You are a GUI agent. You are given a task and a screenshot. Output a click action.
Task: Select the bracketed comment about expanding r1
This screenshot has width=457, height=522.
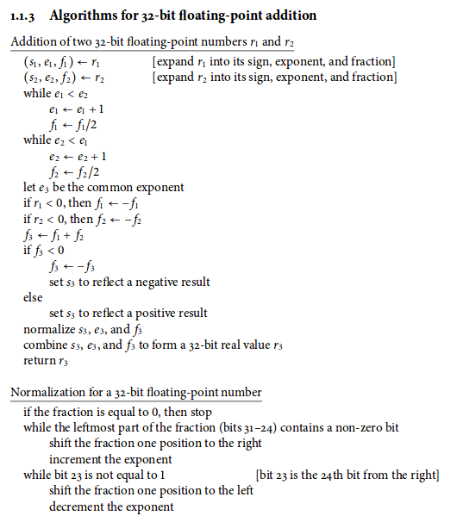click(272, 62)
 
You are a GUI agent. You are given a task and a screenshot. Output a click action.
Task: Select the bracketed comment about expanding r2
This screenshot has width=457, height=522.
click(272, 78)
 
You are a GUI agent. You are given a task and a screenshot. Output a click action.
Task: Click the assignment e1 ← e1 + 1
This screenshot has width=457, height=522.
click(78, 109)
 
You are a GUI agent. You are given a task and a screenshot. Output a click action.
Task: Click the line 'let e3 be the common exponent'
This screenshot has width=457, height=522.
click(103, 187)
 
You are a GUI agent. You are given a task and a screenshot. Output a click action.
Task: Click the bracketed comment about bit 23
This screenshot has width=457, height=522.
click(347, 475)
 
